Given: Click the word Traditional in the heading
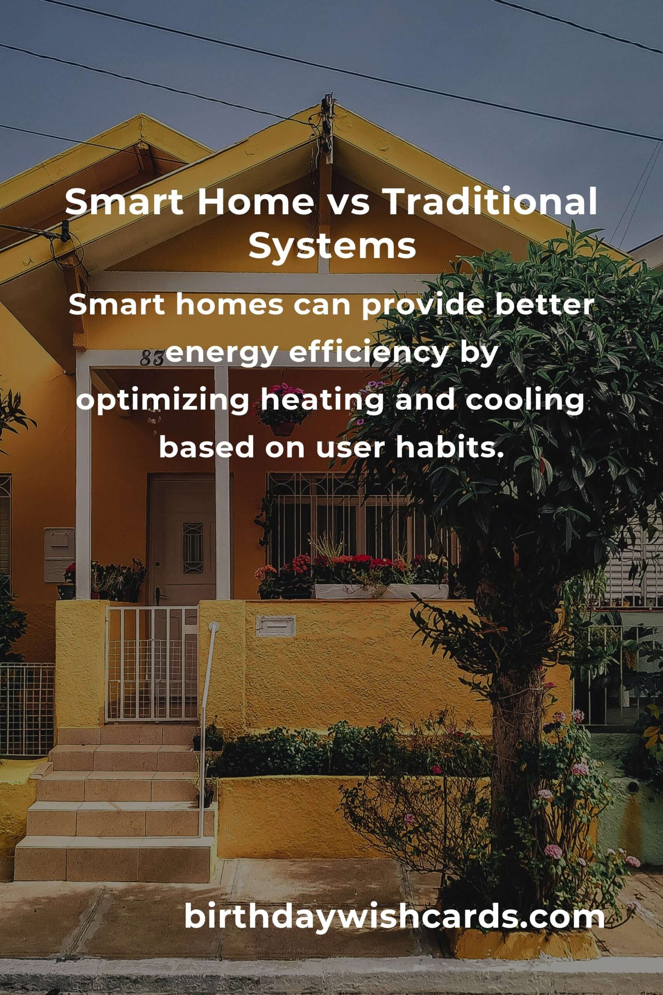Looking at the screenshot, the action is (x=491, y=202).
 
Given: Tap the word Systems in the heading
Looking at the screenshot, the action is (x=332, y=247).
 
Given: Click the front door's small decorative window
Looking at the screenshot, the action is (x=193, y=548).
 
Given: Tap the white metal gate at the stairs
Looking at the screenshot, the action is (x=151, y=664).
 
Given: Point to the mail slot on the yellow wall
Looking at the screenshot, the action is (x=276, y=626).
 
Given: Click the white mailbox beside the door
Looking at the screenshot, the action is (x=59, y=554).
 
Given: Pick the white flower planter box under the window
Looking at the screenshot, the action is (x=381, y=592).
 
